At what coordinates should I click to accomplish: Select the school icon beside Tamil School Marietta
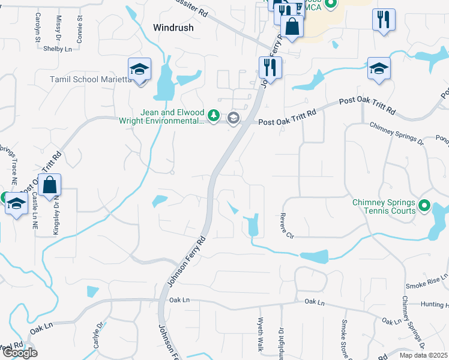pos(139,71)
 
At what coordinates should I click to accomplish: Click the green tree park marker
pos(213,115)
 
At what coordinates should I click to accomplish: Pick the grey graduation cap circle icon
pos(234,118)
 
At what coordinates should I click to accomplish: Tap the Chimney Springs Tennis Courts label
pos(384,206)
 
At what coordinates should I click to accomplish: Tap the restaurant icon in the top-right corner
pos(383,20)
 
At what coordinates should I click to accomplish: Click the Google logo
pos(20,353)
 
